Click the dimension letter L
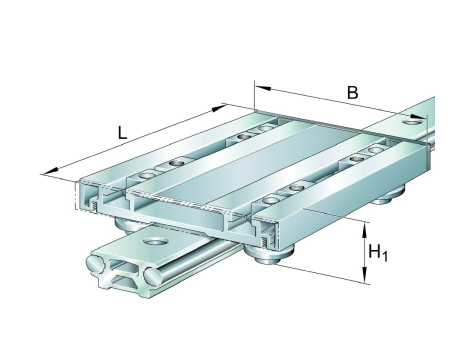(x=122, y=133)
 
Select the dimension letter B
(x=352, y=92)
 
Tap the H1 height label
(x=378, y=253)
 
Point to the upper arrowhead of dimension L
(x=219, y=109)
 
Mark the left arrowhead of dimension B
(x=262, y=88)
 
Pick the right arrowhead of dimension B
(x=418, y=117)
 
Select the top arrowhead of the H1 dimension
(x=365, y=231)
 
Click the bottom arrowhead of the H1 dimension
(x=365, y=275)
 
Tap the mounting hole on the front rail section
(x=155, y=241)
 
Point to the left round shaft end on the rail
(x=96, y=263)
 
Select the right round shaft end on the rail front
(x=153, y=275)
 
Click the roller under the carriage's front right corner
(x=268, y=256)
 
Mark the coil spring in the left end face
(x=95, y=207)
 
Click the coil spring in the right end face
(x=265, y=243)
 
